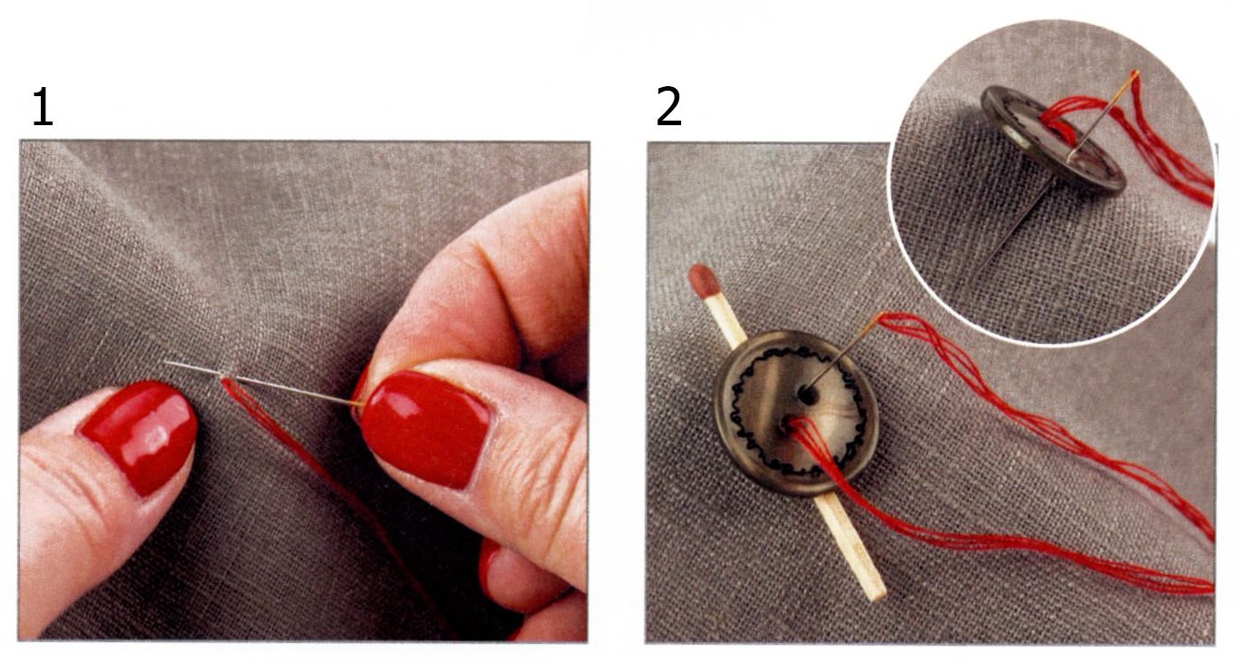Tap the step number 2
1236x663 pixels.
click(x=668, y=106)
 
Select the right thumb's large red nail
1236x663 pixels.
click(x=425, y=429)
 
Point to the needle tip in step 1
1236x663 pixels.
click(x=165, y=362)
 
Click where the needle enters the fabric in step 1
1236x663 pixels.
click(x=223, y=375)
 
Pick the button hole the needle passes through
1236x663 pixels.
click(x=808, y=395)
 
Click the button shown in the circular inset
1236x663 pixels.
click(x=1052, y=138)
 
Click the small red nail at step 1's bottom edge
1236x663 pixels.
click(x=490, y=569)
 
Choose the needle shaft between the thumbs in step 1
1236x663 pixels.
click(x=292, y=391)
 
